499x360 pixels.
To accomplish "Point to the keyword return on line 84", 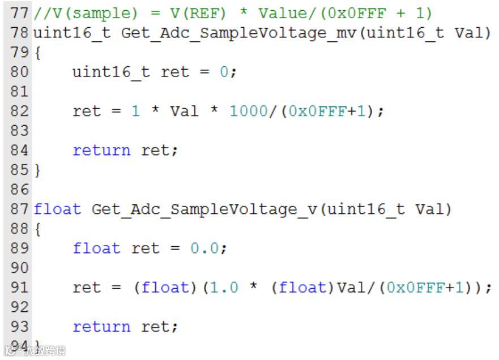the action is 101,150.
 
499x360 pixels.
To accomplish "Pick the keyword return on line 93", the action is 101,327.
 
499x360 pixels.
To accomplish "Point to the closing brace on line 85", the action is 37,169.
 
